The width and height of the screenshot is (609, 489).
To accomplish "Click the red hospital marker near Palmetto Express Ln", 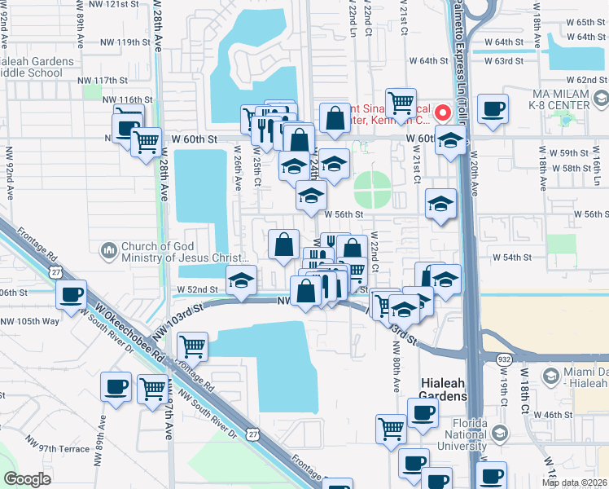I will pos(444,112).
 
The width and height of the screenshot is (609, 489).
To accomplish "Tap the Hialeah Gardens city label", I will pos(443,389).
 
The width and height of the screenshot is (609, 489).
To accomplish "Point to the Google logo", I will pos(27,479).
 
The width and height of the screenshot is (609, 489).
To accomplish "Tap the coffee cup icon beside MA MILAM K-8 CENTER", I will pos(493,108).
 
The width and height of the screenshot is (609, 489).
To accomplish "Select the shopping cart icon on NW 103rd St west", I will pos(192,346).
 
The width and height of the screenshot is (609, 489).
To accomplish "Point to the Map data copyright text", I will pos(573,482).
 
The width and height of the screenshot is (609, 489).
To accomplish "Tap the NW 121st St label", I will pos(121,4).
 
